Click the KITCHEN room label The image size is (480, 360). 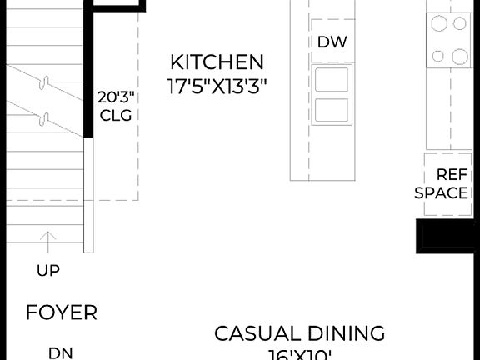click(x=217, y=62)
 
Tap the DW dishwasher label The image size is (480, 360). click(x=332, y=42)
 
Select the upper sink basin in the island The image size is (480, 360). click(x=332, y=80)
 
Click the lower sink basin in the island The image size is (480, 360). click(x=332, y=109)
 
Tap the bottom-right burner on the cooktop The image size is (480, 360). click(x=460, y=57)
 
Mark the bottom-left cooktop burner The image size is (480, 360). click(x=439, y=57)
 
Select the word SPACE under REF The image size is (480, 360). click(x=442, y=193)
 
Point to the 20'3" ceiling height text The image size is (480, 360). click(x=116, y=97)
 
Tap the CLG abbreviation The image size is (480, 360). click(x=116, y=116)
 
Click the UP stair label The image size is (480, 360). click(x=48, y=270)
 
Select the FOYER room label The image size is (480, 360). click(x=62, y=313)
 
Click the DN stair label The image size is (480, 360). click(x=60, y=352)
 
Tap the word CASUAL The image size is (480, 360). click(x=255, y=334)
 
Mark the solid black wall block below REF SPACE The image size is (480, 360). click(x=447, y=235)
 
